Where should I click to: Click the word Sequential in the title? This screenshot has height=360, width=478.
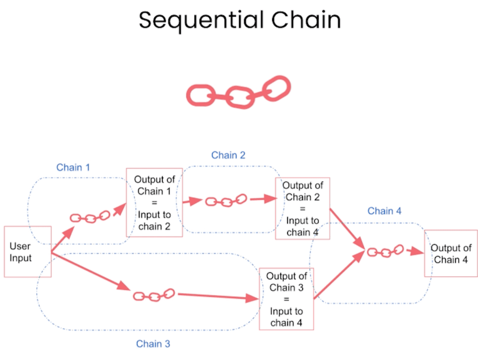[200, 21]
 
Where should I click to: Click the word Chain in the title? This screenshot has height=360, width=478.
[306, 21]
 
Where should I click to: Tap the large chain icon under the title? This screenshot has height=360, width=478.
[239, 93]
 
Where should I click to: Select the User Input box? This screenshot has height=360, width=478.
[27, 252]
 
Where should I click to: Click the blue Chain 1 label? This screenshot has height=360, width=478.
[73, 167]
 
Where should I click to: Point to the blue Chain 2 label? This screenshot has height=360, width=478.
[228, 155]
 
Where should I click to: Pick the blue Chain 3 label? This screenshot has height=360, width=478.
[153, 344]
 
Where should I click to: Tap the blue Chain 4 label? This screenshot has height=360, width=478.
[384, 211]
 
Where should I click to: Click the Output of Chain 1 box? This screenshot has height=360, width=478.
[154, 202]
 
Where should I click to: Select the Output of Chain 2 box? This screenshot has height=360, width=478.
[303, 209]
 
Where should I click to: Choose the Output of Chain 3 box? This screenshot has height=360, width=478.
[286, 299]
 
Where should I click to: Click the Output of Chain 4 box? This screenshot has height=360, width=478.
[451, 254]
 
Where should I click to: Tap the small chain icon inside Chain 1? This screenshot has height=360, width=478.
[90, 217]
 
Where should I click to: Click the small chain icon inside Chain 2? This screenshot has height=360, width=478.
[226, 201]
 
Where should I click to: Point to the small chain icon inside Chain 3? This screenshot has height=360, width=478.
[154, 295]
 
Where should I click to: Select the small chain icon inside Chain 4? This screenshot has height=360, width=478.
[385, 251]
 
